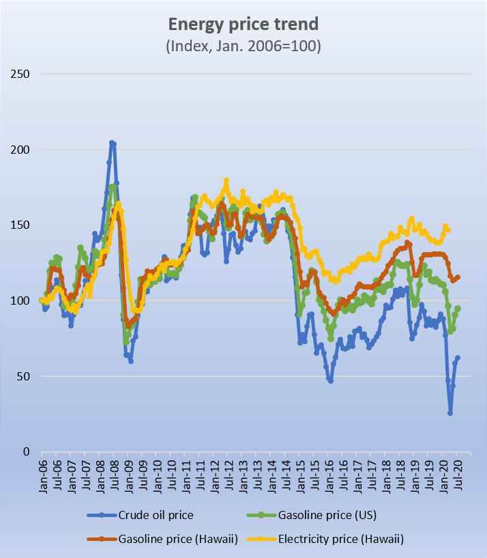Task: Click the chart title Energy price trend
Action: [243, 25]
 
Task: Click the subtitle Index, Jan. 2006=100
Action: [243, 46]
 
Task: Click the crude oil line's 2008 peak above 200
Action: [112, 143]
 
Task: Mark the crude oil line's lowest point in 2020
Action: [450, 413]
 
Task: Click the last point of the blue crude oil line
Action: [458, 358]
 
